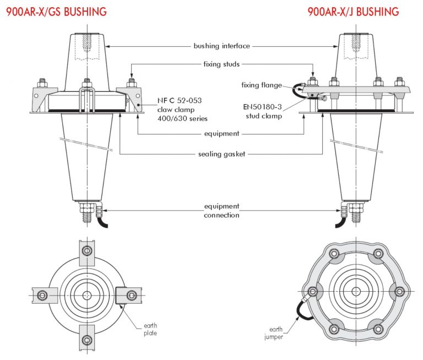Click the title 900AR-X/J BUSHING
pyautogui.click(x=354, y=11)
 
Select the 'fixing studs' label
pyautogui.click(x=221, y=65)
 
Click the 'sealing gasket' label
pyautogui.click(x=221, y=154)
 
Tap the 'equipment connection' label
pyautogui.click(x=221, y=211)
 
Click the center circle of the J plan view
pyautogui.click(x=356, y=291)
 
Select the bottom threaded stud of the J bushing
pyautogui.click(x=356, y=215)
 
